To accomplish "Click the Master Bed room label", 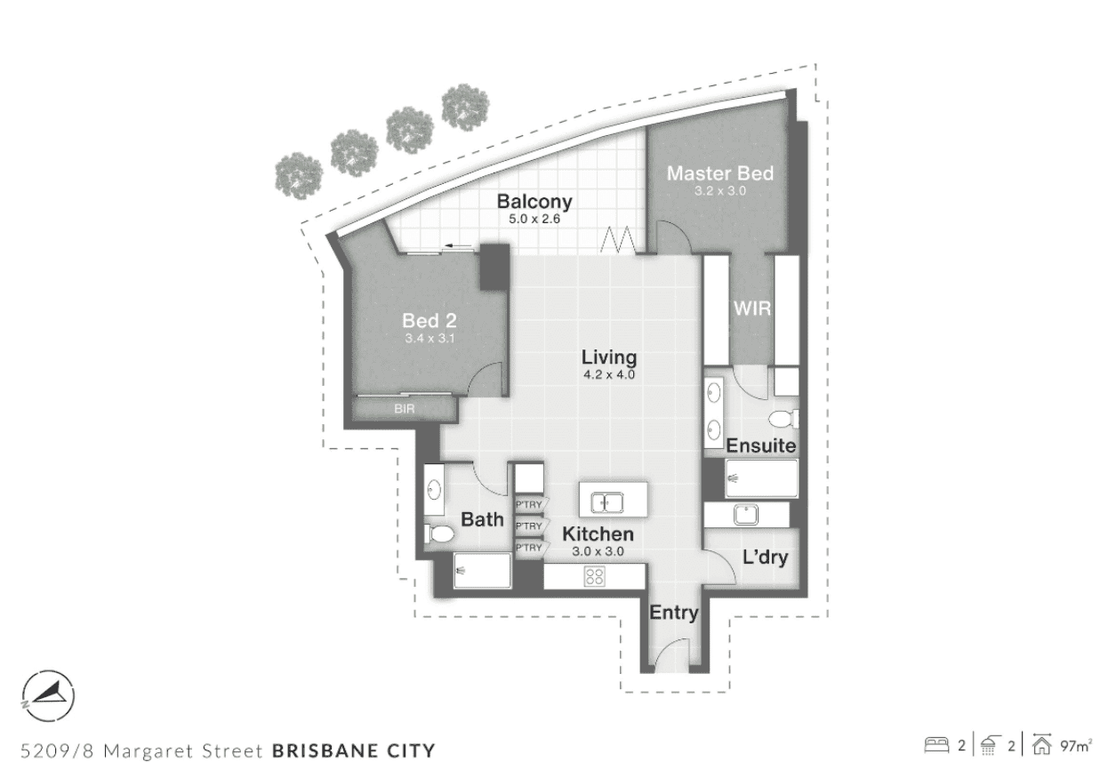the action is pos(719,173).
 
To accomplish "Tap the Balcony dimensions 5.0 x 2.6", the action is pos(534,219).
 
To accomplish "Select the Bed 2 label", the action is pos(430,320).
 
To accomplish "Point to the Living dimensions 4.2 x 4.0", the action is pos(609,374).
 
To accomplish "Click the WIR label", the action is pos(752,309).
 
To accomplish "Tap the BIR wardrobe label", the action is pos(404,409).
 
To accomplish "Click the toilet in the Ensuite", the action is pos(783,419).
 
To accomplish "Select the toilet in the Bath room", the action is pos(439,533).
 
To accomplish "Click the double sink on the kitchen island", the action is pos(607,503).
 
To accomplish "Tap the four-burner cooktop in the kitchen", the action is pos(594,576).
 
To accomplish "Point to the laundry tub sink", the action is pos(746,514).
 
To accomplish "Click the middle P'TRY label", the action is pos(529,526).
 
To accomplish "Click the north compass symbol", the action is pos(48,695).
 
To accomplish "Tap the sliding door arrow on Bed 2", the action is pos(457,245).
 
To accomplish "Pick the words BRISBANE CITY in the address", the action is pos(354,750).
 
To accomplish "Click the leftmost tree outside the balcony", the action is pos(299,176).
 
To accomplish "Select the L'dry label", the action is pos(765,557).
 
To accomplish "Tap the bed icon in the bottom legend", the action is pos(936,746).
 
